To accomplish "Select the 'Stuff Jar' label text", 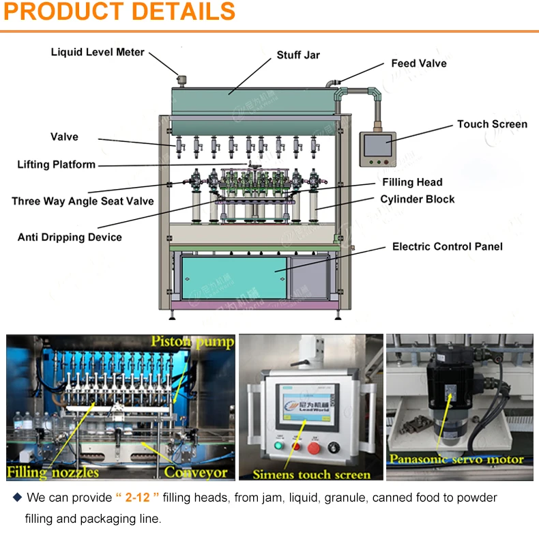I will click(298, 55).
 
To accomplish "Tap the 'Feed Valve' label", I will click(419, 63).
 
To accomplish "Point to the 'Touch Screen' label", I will click(492, 124).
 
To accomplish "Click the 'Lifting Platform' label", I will click(56, 164).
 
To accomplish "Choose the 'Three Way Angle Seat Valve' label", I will click(83, 201).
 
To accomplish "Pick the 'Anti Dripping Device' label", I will click(70, 237).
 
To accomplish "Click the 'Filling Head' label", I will click(412, 182).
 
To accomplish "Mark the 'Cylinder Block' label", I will click(418, 199).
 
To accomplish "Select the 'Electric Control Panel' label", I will click(447, 246).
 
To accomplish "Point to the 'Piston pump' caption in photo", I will click(192, 341).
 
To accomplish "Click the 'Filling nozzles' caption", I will click(53, 472).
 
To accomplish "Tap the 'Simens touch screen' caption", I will click(312, 474).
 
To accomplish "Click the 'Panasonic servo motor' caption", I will click(456, 459).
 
